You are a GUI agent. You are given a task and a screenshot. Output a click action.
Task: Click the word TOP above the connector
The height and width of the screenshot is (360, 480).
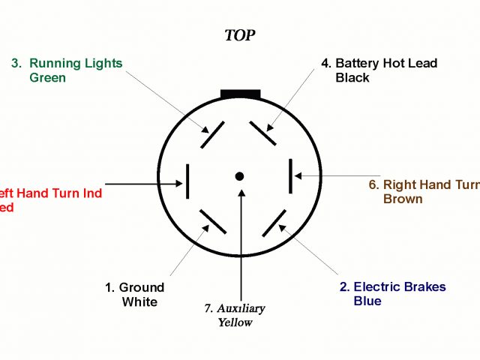[240, 35]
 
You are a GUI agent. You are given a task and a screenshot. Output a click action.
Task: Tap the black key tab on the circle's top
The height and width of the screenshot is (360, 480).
[240, 94]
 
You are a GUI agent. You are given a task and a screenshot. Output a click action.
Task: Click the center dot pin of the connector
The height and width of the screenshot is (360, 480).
[240, 176]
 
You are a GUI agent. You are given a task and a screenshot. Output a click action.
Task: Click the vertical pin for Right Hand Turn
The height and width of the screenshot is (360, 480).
[291, 177]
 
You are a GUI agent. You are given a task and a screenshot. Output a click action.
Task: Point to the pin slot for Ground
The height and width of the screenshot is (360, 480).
[213, 222]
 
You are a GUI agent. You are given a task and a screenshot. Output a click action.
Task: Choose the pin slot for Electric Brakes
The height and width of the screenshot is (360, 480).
[274, 222]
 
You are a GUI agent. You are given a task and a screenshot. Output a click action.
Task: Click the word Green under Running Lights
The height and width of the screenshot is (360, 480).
[48, 78]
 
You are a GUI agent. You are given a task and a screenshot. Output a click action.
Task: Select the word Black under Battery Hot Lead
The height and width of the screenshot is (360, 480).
[352, 78]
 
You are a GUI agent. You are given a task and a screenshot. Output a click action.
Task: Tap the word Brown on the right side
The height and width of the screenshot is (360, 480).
[403, 199]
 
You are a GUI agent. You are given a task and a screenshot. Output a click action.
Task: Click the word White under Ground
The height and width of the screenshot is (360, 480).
[139, 301]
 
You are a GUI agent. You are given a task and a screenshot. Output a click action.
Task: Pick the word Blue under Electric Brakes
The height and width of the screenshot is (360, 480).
[367, 301]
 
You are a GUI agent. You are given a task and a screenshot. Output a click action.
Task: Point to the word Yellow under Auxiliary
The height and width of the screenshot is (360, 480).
[235, 322]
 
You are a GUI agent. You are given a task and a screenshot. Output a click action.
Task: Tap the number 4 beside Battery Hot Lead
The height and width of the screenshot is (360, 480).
[325, 64]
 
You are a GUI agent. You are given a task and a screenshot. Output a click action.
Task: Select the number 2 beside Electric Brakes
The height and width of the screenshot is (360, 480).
[343, 287]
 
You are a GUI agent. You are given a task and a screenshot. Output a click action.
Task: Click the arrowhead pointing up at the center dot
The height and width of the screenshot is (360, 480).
[241, 193]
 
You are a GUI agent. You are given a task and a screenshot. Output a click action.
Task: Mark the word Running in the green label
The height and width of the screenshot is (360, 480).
[54, 64]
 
